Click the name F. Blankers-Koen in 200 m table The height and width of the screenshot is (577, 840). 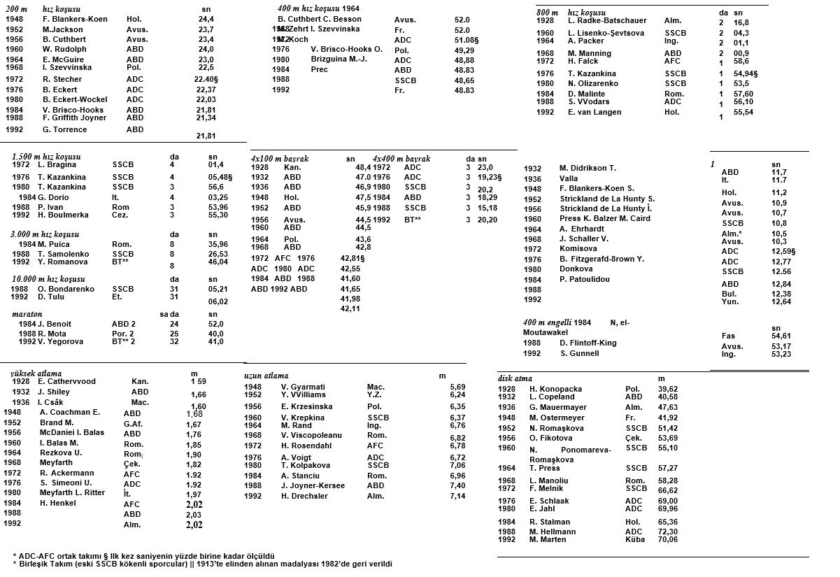click(75, 19)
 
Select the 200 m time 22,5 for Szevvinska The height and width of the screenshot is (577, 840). click(206, 67)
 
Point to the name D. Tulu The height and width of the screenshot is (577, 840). click(52, 297)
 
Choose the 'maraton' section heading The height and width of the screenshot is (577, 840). click(27, 315)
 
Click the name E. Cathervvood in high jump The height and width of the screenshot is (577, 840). click(66, 381)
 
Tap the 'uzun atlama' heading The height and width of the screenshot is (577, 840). click(266, 376)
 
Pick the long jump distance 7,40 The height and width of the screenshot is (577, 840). click(457, 485)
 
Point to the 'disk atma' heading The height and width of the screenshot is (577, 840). click(515, 378)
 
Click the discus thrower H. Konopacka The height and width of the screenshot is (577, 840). click(555, 389)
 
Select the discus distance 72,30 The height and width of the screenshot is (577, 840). click(668, 532)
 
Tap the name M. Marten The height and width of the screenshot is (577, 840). click(548, 539)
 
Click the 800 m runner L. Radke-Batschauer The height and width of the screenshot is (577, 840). click(607, 20)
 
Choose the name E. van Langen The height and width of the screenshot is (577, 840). click(594, 112)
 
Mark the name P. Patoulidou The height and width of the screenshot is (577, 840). click(584, 279)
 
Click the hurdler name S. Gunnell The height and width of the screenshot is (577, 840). click(579, 353)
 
